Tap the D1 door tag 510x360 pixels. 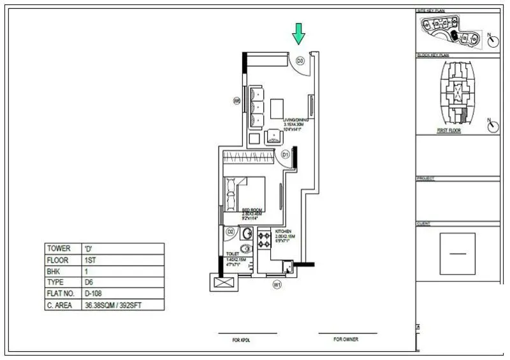click(286, 154)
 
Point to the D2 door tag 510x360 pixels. click(231, 233)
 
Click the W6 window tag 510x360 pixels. click(237, 101)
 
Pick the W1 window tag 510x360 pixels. click(277, 284)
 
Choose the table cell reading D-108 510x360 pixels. click(95, 294)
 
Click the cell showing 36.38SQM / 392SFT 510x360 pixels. click(115, 306)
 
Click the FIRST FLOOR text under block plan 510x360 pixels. click(449, 130)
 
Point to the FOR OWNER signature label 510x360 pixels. click(347, 340)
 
